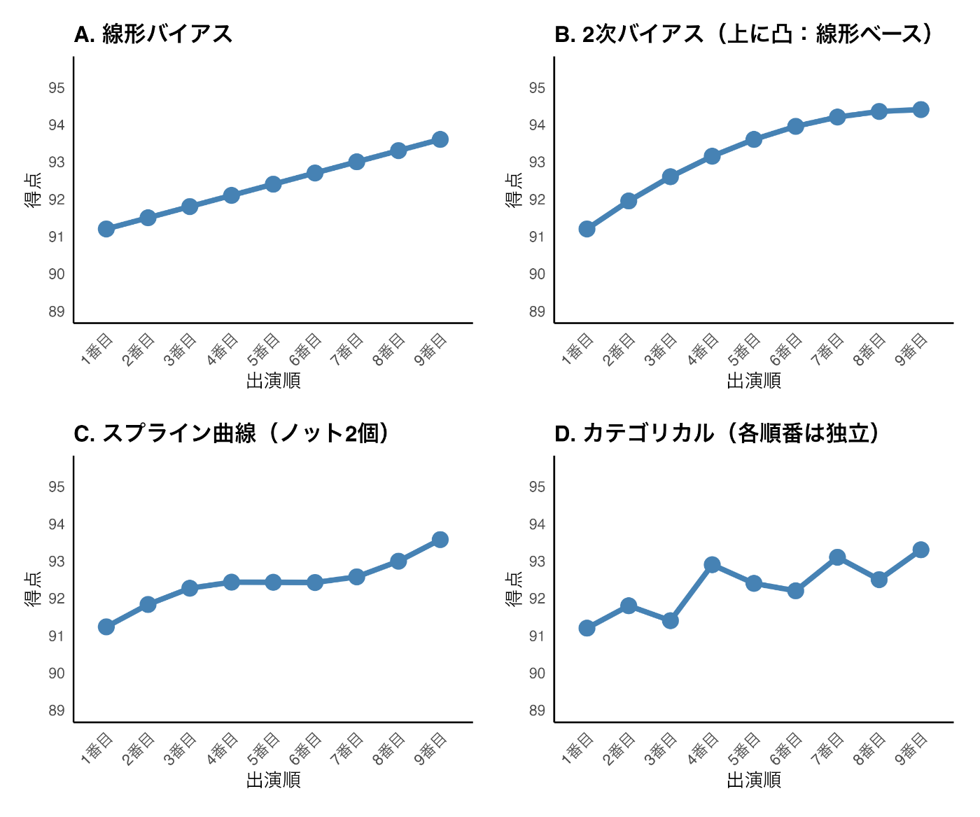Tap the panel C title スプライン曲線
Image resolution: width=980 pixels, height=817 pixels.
coord(232,433)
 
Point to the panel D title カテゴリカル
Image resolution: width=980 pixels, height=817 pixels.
coord(717,433)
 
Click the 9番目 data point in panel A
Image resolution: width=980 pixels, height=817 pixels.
coord(440,139)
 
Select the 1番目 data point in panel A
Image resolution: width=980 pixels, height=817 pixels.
coord(106,229)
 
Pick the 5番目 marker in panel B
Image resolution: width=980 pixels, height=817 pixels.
coord(754,139)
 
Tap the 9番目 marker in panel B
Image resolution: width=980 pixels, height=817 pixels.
coord(920,109)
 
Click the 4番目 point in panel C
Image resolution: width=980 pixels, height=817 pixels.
coord(232,582)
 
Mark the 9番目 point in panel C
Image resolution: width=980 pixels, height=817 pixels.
coord(440,539)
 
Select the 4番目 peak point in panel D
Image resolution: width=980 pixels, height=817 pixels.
coord(712,565)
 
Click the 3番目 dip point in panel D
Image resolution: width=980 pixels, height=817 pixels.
coord(671,620)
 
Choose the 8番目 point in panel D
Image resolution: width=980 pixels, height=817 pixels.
coord(879,579)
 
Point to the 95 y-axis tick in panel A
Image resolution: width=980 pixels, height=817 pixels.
coord(57,88)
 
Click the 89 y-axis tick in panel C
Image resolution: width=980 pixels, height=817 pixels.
coord(57,711)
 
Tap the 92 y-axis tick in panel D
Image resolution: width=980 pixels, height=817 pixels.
coord(537,599)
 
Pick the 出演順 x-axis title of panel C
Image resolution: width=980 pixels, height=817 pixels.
coord(273,780)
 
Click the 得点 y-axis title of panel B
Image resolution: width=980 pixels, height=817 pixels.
coord(514,190)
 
